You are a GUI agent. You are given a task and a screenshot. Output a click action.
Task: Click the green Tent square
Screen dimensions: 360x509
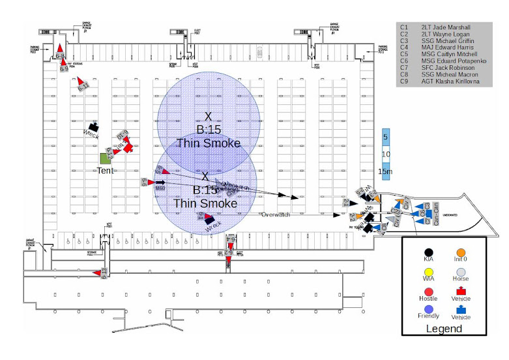[x=105, y=158]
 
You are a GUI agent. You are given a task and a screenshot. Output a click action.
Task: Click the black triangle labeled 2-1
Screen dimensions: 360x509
[x=354, y=203]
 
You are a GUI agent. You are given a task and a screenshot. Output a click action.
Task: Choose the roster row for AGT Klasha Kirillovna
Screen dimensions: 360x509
[x=450, y=82]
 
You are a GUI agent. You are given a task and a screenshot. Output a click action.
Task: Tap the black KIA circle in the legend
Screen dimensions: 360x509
[x=428, y=252]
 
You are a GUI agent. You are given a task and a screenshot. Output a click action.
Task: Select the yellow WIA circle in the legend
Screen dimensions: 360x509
[x=428, y=271]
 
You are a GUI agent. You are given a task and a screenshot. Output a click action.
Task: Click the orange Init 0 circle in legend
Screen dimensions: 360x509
[x=461, y=252]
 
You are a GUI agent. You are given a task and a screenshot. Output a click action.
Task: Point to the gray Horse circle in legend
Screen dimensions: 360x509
[x=461, y=271]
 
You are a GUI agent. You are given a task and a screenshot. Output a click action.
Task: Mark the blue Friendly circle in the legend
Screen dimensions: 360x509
[x=428, y=310]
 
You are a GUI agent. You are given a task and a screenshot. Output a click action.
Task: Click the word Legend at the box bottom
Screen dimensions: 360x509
[x=443, y=328]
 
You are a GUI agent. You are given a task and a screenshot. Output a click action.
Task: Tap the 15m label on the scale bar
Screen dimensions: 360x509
[x=386, y=172]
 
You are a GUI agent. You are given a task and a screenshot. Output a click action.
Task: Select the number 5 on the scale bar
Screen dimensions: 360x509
[x=385, y=137]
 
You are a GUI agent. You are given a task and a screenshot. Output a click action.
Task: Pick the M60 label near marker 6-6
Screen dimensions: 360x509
[x=160, y=188]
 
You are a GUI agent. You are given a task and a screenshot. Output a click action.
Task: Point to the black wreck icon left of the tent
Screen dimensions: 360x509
[x=94, y=127]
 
